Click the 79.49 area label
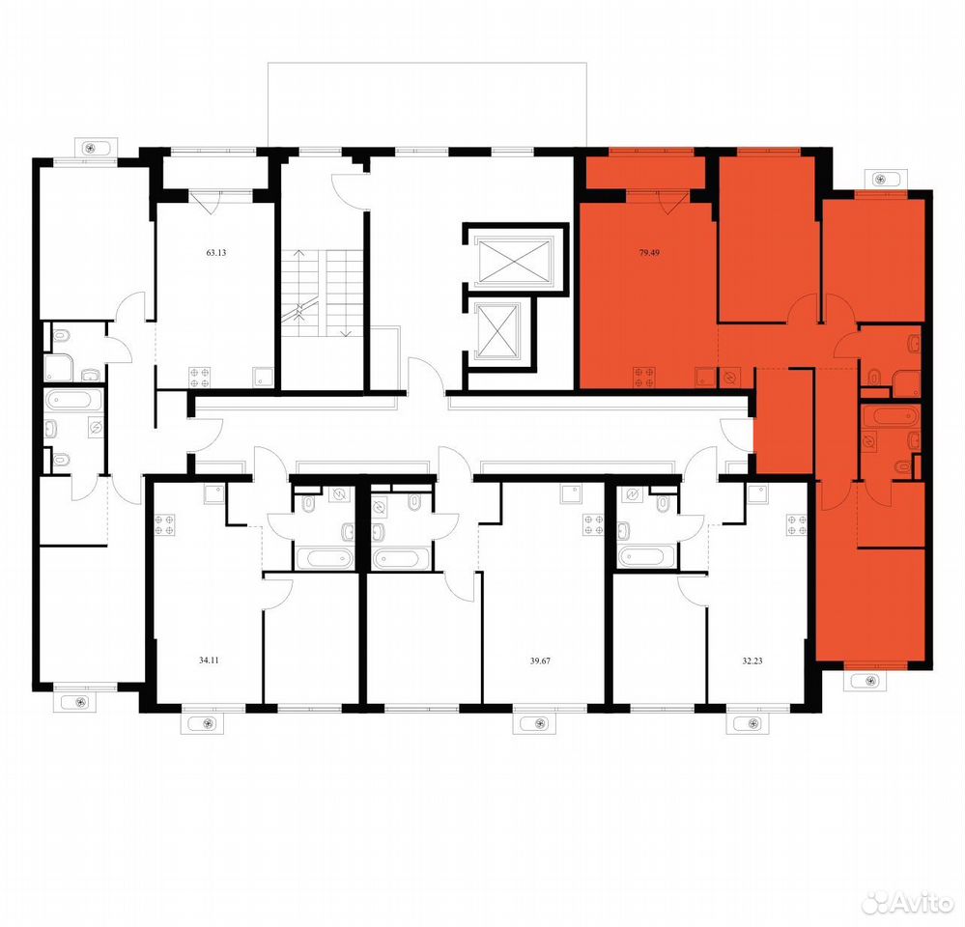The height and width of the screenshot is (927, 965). coord(649,252)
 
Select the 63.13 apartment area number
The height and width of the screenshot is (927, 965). coord(216,252)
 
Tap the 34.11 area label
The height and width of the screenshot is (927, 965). coord(210,660)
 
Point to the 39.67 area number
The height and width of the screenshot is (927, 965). coord(540,660)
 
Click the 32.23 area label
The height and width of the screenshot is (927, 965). coord(752,660)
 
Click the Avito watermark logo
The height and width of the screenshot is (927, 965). coord(907,902)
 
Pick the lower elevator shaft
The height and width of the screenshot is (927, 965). coord(499,331)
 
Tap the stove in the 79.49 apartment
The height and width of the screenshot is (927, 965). coord(643,378)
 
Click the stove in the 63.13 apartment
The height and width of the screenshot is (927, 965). coord(199,377)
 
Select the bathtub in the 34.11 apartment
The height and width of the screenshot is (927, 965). coord(325,558)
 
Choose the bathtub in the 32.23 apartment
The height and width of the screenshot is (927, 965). coord(647,557)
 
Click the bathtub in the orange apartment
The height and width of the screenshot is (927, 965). coord(890,414)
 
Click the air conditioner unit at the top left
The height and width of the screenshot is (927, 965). coord(91,148)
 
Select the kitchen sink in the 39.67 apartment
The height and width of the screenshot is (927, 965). coord(571,494)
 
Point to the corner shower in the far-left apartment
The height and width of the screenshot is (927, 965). coord(59,368)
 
